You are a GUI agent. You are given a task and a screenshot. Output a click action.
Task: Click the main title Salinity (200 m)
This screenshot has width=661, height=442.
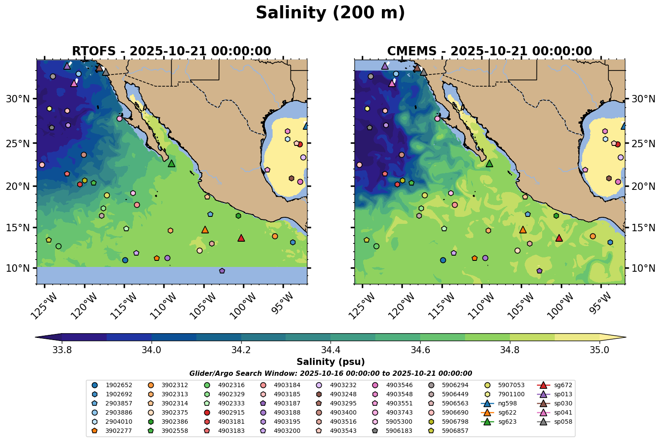click(x=330, y=13)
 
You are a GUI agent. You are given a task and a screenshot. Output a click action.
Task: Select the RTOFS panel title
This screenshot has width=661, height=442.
click(x=172, y=51)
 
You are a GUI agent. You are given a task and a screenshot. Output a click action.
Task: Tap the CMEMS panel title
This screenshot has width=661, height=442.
click(x=489, y=51)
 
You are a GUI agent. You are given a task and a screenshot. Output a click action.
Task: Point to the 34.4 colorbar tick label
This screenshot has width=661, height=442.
click(x=330, y=350)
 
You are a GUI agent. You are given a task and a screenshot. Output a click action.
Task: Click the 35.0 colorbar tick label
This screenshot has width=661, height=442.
click(x=599, y=350)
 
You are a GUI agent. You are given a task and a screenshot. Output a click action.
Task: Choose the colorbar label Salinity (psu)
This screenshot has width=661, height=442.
click(x=330, y=362)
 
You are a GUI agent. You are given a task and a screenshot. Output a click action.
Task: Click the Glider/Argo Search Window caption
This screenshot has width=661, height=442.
click(x=330, y=373)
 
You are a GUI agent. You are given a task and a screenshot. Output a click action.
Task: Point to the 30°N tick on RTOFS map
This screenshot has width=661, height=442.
click(x=18, y=99)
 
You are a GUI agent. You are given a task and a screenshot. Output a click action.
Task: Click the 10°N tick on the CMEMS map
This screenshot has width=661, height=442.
click(x=643, y=268)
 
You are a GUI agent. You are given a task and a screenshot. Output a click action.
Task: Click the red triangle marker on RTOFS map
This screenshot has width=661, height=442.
click(x=241, y=238)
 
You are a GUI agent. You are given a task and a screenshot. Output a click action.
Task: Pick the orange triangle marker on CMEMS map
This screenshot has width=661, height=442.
click(x=523, y=229)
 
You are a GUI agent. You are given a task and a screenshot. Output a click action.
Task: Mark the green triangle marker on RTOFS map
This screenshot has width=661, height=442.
click(x=172, y=163)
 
